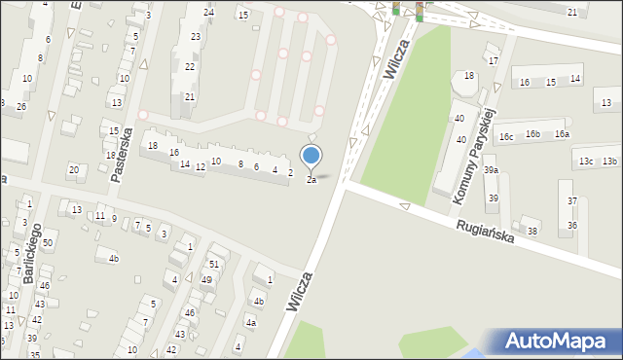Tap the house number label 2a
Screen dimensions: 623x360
pyautogui.click(x=311, y=180)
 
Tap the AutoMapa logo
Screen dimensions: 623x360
pyautogui.click(x=554, y=342)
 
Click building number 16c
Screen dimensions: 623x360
pyautogui.click(x=506, y=137)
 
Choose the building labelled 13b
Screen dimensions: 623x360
pyautogui.click(x=609, y=162)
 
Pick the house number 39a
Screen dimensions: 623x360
pyautogui.click(x=492, y=170)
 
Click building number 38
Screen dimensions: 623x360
pyautogui.click(x=531, y=231)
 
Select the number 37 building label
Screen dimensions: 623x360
pyautogui.click(x=572, y=201)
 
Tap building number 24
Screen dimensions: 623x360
pyautogui.click(x=209, y=12)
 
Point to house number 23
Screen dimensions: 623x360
pyautogui.click(x=195, y=37)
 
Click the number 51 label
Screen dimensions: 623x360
pyautogui.click(x=213, y=265)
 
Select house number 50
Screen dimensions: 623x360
pyautogui.click(x=47, y=241)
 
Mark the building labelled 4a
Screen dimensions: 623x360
pyautogui.click(x=251, y=322)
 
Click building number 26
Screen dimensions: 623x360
pyautogui.click(x=20, y=105)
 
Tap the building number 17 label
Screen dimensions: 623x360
pyautogui.click(x=494, y=60)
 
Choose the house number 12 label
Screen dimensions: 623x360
pyautogui.click(x=200, y=167)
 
